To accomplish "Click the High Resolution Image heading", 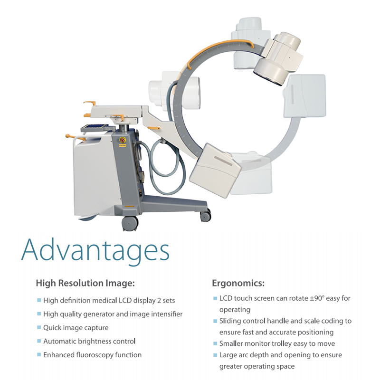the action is click(85, 283).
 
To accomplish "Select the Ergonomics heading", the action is click(238, 283).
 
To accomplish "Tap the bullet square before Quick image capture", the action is click(39, 327).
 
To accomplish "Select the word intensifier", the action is click(167, 314).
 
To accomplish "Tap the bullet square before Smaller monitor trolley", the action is click(215, 343).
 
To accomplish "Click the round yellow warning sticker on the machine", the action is click(123, 140).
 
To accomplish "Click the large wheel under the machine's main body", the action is click(130, 223).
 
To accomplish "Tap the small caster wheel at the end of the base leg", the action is click(205, 216).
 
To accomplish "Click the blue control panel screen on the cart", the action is click(95, 126).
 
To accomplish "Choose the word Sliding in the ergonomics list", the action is click(230, 321).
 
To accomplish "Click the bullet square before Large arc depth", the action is click(215, 355).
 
